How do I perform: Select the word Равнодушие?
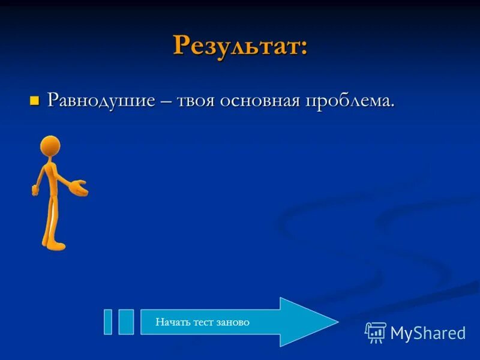tap(103, 100)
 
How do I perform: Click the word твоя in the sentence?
tap(196, 100)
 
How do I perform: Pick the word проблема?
tap(350, 100)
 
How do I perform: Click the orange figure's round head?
tap(50, 146)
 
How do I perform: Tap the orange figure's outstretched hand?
tap(80, 188)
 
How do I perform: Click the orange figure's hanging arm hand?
tap(35, 191)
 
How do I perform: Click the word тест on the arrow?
tap(203, 322)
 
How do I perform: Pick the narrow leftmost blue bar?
tap(108, 322)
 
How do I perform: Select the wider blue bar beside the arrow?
tap(126, 322)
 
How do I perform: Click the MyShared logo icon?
tap(376, 332)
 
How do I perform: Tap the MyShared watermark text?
tap(428, 333)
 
